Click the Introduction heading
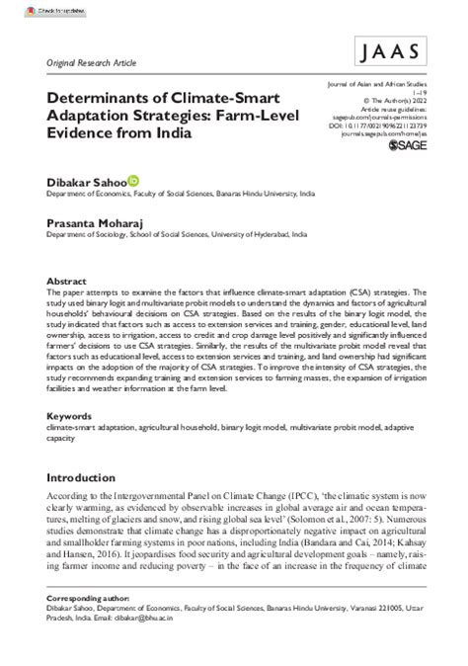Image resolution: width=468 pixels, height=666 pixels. pyautogui.click(x=90, y=474)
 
